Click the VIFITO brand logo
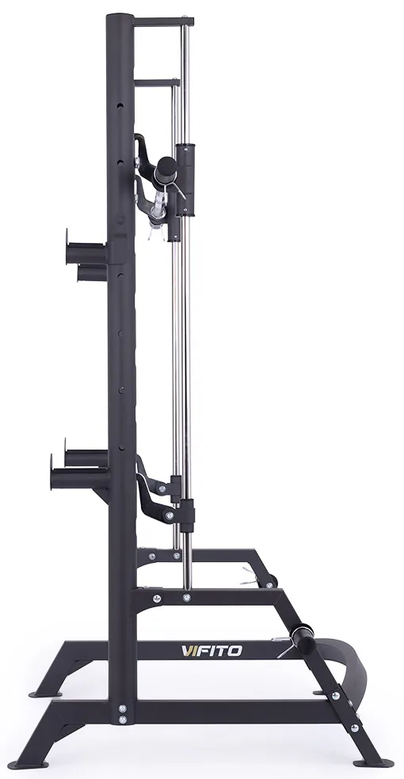click(x=212, y=651)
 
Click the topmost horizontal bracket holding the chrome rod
click(x=163, y=22)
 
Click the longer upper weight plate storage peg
click(x=86, y=253)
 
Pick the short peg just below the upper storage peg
click(x=91, y=273)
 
